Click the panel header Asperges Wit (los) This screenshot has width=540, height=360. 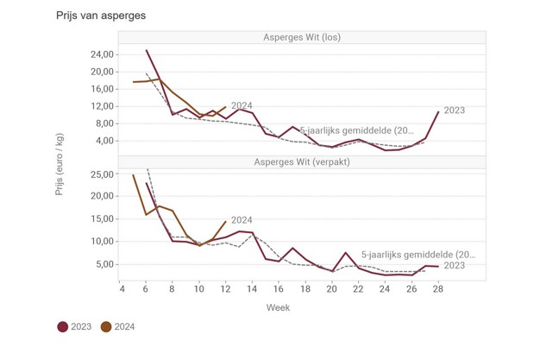click(x=302, y=37)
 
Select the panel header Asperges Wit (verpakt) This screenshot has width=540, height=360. click(x=302, y=162)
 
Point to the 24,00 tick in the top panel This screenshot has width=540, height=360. click(x=102, y=54)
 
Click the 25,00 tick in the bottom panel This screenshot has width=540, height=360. click(x=102, y=174)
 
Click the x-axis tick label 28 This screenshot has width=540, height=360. click(x=438, y=289)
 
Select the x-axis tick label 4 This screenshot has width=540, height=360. click(x=121, y=289)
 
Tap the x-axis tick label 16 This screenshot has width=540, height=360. click(x=279, y=289)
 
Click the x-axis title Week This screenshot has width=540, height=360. click(x=278, y=307)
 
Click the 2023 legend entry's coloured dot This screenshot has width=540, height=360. click(x=63, y=327)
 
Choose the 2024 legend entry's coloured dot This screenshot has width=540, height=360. click(x=106, y=327)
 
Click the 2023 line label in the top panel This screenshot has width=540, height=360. click(x=455, y=111)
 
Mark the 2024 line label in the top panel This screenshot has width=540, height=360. click(x=242, y=105)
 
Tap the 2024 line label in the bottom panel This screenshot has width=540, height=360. click(x=242, y=220)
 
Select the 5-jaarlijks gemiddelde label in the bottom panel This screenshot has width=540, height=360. click(x=418, y=255)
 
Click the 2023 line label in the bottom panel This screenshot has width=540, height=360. click(x=455, y=266)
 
